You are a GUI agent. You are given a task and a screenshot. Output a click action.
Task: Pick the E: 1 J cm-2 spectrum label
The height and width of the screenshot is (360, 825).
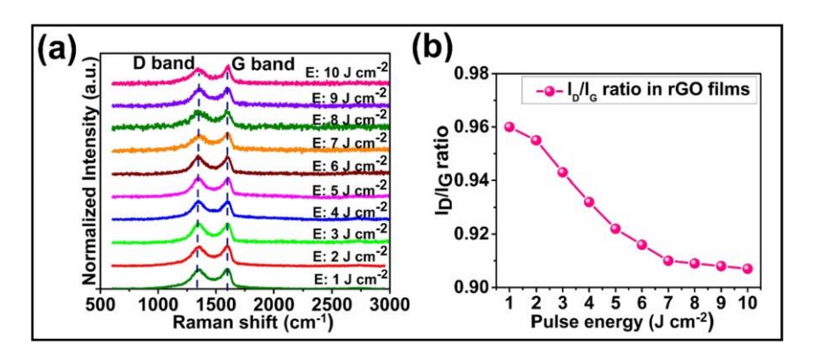(346, 277)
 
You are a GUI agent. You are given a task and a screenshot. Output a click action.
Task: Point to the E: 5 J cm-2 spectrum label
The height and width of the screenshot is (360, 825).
(346, 187)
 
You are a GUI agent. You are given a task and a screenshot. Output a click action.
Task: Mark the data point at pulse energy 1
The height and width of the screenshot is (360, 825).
(509, 126)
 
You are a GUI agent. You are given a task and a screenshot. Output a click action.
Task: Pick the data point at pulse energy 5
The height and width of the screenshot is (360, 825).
(616, 228)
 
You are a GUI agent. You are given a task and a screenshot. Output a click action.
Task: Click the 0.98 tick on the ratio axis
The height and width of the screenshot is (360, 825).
(480, 74)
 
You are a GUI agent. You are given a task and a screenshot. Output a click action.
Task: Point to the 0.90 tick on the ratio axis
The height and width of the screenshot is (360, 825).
(480, 288)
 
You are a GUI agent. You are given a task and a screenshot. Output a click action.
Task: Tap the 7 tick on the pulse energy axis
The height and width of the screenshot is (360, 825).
(669, 303)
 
